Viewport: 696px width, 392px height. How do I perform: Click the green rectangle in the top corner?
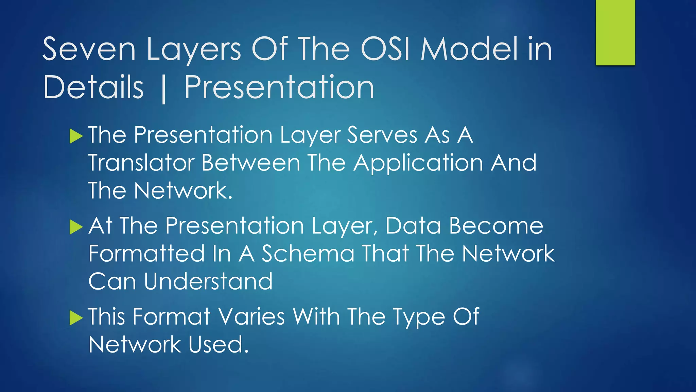(x=615, y=33)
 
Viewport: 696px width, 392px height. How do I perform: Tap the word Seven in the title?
(x=89, y=50)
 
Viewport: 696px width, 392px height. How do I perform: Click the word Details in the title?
(x=93, y=88)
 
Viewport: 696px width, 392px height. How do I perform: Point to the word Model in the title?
(x=469, y=50)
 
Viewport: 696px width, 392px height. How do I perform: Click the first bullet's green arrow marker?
(x=76, y=136)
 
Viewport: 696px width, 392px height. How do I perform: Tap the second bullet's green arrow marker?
(x=76, y=227)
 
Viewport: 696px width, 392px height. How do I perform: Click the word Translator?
(x=141, y=163)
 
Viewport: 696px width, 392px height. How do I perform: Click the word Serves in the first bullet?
(x=382, y=135)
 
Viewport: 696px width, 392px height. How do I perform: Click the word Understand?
(x=208, y=282)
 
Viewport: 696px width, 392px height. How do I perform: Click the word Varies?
(x=251, y=317)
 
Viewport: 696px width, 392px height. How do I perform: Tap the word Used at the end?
(x=219, y=345)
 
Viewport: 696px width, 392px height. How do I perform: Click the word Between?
(x=251, y=163)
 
